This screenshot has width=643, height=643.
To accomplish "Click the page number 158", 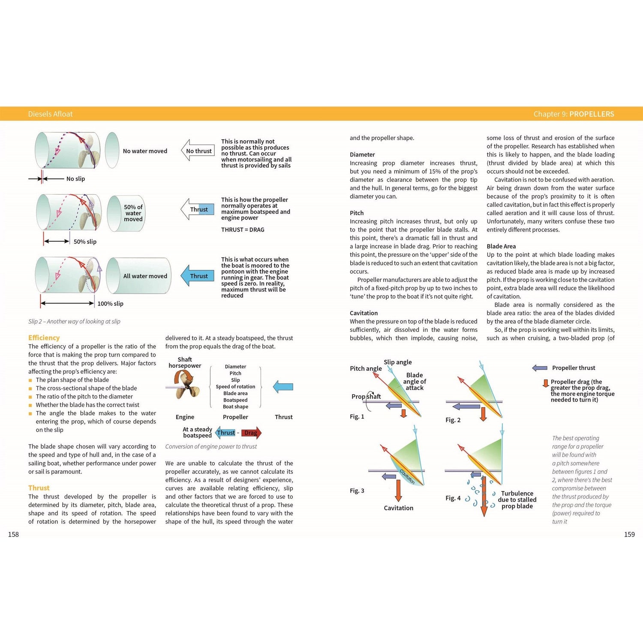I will (13, 534).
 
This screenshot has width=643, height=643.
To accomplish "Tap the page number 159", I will (629, 534).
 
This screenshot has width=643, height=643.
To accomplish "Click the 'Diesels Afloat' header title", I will (50, 114).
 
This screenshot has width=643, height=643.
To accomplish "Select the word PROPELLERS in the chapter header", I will (592, 114).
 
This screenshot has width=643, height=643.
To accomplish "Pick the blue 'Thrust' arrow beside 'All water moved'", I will (197, 276).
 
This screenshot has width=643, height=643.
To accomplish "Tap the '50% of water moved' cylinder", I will (126, 213).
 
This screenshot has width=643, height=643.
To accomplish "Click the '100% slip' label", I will (110, 303).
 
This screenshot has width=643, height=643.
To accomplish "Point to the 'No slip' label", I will (75, 179).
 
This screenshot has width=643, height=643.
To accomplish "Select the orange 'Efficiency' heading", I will (44, 338).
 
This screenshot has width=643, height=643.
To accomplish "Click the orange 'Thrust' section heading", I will (39, 488).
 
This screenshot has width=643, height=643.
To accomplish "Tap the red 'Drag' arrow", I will (251, 433).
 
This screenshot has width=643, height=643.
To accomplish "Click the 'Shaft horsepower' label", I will (185, 363).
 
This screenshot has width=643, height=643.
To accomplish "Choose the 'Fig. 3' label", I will (357, 490).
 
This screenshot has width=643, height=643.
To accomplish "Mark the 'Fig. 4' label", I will (453, 498).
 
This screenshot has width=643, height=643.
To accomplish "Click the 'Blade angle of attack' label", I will (415, 382).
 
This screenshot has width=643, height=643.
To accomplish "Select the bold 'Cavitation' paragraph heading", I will (364, 313).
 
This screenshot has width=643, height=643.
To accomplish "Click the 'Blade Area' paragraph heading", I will (501, 246).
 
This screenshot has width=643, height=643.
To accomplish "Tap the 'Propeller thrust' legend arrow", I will (540, 368).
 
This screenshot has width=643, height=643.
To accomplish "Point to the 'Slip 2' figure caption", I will (74, 321).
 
